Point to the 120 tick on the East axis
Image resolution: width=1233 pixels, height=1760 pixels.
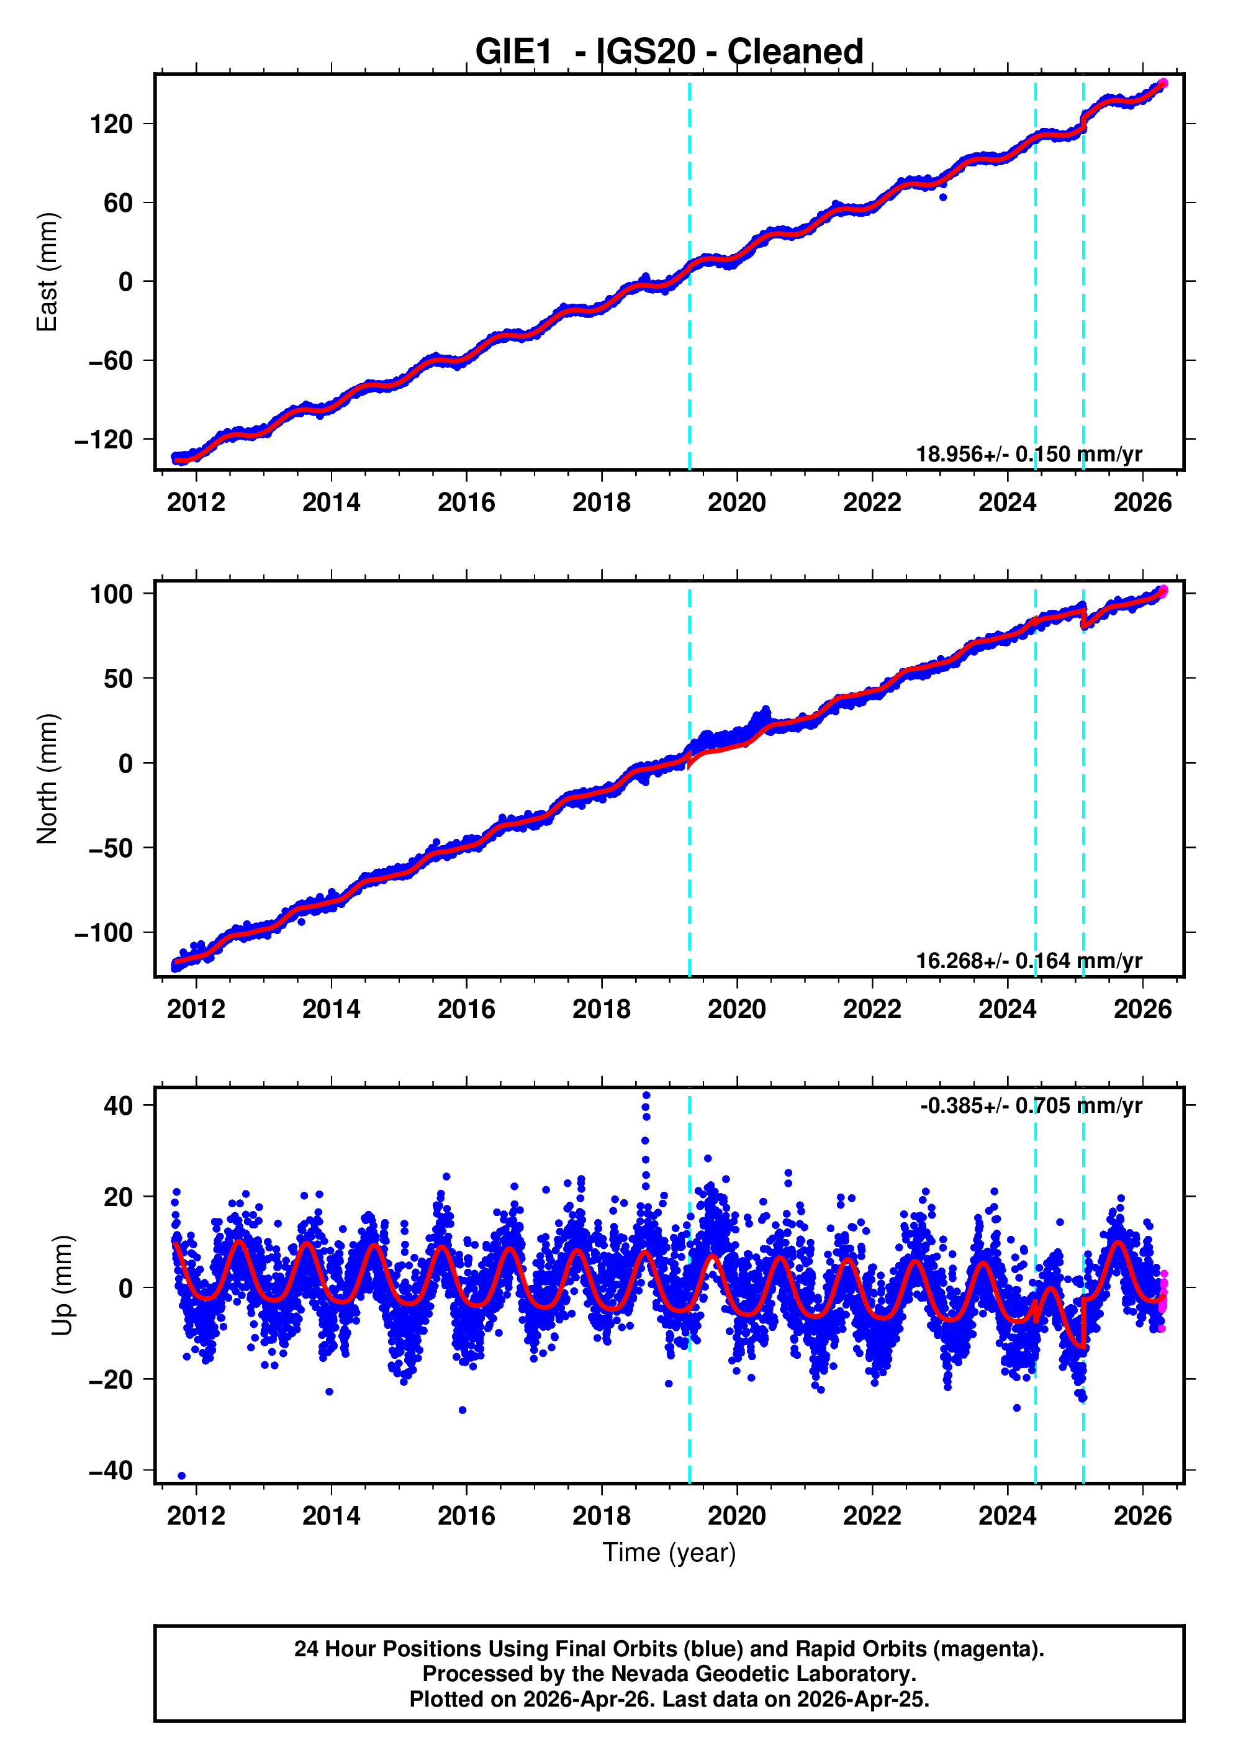[x=112, y=124]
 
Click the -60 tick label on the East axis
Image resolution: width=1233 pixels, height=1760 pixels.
[x=111, y=361]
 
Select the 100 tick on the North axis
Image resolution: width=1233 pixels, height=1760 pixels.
[x=112, y=594]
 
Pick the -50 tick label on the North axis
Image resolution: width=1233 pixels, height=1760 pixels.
[x=111, y=848]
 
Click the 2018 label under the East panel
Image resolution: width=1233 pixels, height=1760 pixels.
[x=602, y=503]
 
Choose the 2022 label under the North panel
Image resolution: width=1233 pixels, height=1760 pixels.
[x=872, y=1010]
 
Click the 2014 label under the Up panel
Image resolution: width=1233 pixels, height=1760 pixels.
[x=331, y=1516]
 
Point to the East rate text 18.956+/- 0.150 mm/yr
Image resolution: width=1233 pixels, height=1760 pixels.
[x=1028, y=455]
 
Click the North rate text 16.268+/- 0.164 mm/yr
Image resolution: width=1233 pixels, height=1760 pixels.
[x=1028, y=961]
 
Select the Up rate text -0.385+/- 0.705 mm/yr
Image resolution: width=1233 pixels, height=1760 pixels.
[x=1031, y=1106]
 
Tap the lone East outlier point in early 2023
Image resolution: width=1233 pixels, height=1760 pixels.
[x=942, y=197]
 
